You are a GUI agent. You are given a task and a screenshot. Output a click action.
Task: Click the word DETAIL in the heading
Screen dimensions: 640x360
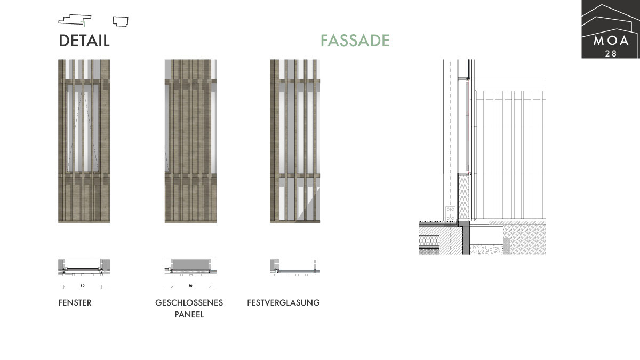click(x=84, y=41)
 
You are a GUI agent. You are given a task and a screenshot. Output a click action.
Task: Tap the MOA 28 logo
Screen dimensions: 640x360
click(x=610, y=29)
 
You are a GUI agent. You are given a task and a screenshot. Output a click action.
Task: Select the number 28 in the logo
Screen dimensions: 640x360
click(x=610, y=53)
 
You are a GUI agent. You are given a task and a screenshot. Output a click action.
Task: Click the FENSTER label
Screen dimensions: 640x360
click(x=75, y=303)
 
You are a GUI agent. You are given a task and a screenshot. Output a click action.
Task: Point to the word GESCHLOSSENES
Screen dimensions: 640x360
click(x=189, y=303)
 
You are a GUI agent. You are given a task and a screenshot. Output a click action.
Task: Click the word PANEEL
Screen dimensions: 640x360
click(x=189, y=315)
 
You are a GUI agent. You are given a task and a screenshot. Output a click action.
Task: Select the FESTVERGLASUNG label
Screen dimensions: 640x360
click(x=283, y=303)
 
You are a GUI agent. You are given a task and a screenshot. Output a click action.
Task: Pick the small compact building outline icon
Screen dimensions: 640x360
click(x=121, y=21)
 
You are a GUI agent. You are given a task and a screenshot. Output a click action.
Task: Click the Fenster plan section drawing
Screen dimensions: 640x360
click(x=84, y=267)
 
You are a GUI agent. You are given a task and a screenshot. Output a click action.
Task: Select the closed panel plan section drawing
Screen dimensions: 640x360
click(x=190, y=267)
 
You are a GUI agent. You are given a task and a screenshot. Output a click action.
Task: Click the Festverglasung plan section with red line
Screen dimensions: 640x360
click(x=295, y=267)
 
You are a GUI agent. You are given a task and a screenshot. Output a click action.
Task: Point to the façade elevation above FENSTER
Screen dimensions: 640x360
click(x=84, y=141)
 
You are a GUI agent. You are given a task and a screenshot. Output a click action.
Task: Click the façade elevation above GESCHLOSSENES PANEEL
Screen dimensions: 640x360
click(x=190, y=141)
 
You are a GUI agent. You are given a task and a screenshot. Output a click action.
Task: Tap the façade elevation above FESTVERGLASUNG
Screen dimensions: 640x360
click(x=295, y=141)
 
